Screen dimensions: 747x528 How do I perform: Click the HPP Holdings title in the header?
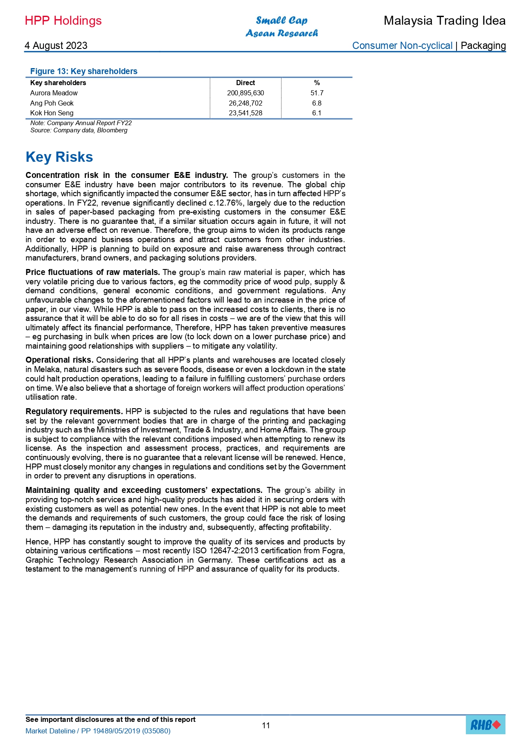(63, 21)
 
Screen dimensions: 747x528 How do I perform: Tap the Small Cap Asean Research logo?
(282, 27)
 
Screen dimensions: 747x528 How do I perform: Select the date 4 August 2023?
(56, 46)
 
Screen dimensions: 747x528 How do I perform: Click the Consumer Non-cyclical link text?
(402, 46)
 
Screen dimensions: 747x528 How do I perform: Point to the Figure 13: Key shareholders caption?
(84, 71)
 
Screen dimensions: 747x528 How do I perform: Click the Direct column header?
(245, 83)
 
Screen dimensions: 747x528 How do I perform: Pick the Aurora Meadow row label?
(54, 93)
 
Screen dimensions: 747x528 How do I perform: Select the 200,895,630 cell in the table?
(245, 93)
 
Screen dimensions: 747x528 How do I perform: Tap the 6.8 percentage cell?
(317, 103)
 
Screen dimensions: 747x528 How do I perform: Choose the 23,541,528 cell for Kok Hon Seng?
(245, 113)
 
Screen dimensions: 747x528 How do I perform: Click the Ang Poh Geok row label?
(52, 103)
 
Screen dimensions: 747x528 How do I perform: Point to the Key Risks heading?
(59, 157)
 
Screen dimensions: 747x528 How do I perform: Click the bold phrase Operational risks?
(59, 360)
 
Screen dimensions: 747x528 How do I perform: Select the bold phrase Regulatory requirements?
(74, 412)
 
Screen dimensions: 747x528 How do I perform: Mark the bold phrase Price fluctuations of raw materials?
(92, 272)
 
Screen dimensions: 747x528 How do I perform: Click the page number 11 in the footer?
(266, 725)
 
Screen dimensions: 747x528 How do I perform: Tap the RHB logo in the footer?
(485, 725)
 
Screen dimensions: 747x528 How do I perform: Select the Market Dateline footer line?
(98, 731)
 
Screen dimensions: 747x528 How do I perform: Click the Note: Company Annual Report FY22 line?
(81, 123)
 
